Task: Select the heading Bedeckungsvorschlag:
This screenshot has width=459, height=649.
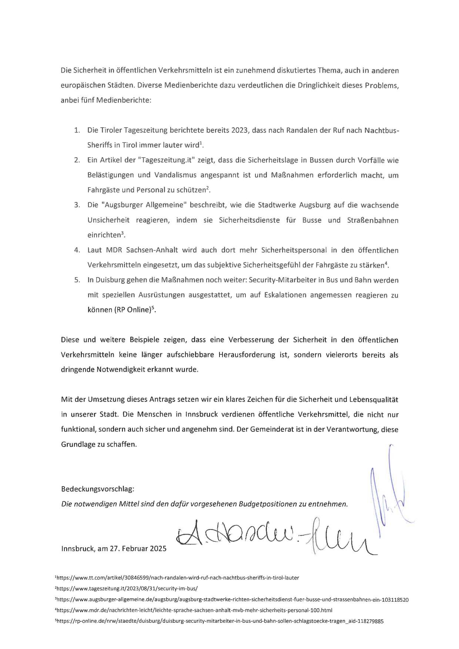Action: (98, 489)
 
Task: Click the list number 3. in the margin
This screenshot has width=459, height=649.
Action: (77, 205)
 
